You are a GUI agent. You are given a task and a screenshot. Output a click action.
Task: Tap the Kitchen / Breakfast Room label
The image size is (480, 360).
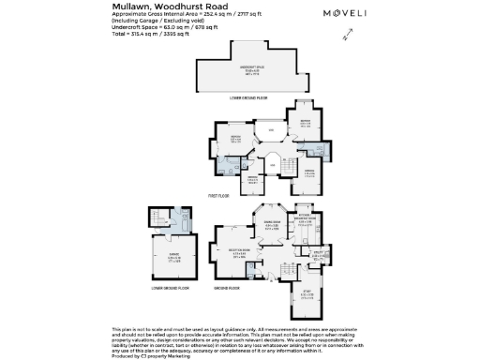307,221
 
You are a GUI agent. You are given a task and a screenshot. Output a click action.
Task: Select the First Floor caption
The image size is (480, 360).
219,196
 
